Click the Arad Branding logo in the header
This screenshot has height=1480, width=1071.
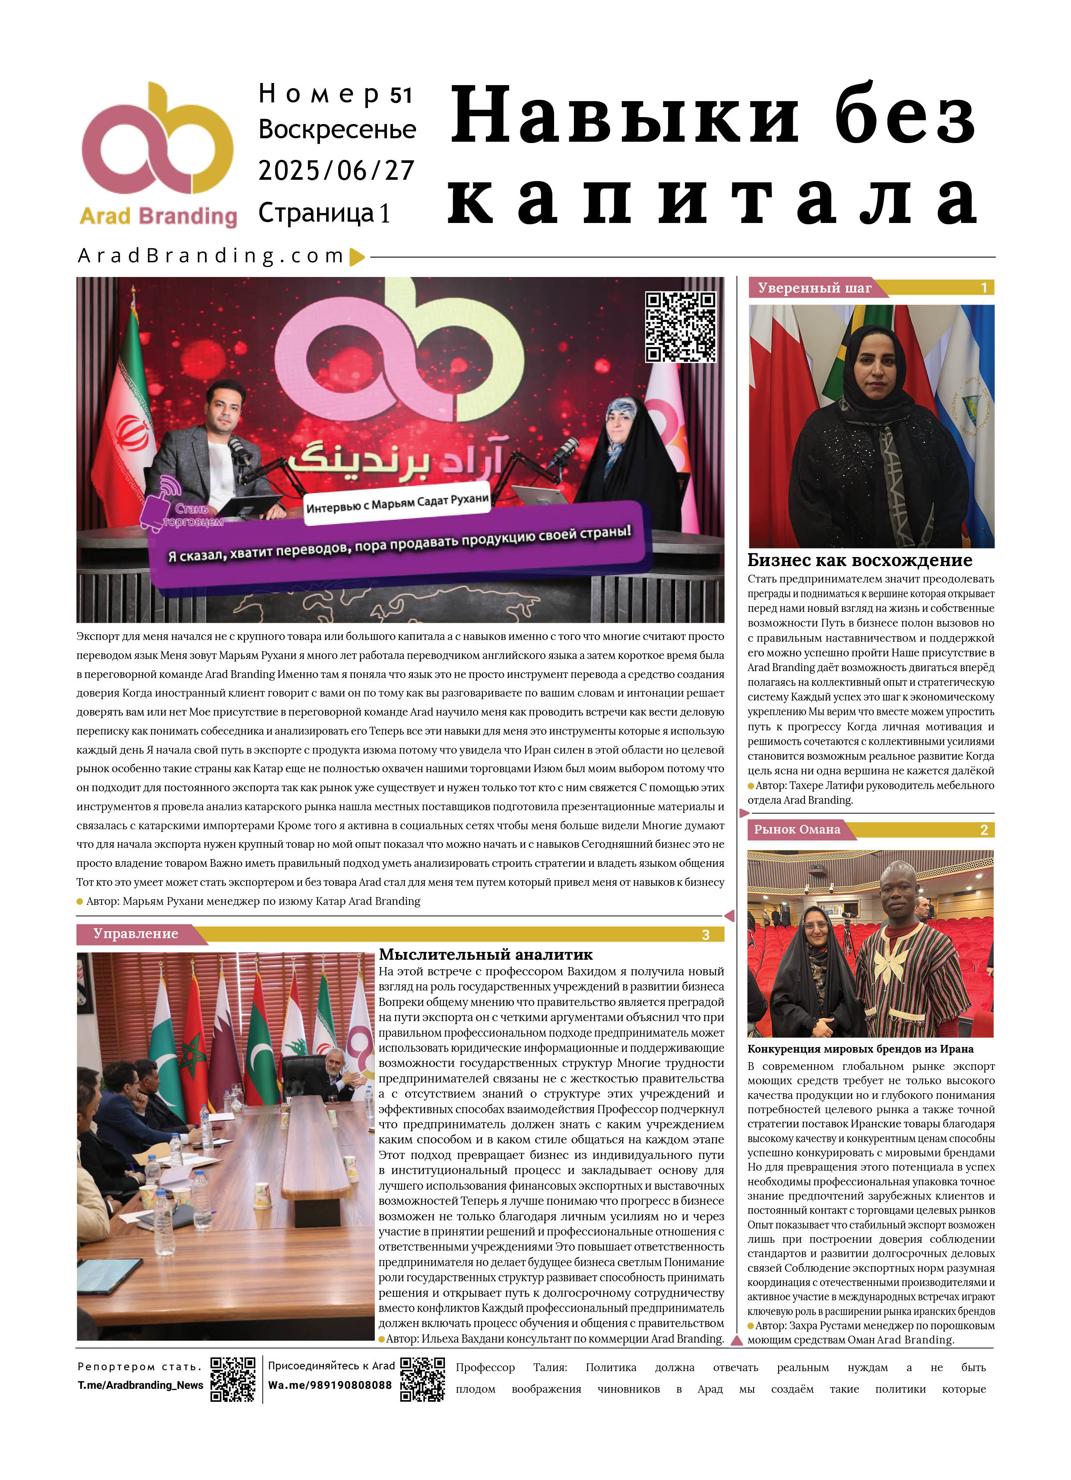(157, 154)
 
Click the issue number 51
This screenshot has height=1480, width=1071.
(401, 95)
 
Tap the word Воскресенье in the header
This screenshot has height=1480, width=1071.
(336, 129)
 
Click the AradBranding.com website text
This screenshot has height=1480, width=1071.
(211, 256)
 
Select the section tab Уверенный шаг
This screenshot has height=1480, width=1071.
(814, 288)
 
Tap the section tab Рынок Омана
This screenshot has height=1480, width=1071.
(797, 829)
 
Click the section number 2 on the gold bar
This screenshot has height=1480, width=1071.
(984, 830)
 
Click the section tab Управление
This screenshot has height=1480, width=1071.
(136, 934)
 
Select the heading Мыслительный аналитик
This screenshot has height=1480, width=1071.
(485, 954)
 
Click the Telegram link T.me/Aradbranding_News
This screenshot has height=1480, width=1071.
(140, 1385)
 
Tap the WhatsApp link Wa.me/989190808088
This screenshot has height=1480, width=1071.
(330, 1385)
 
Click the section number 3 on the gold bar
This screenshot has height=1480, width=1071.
(705, 935)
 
